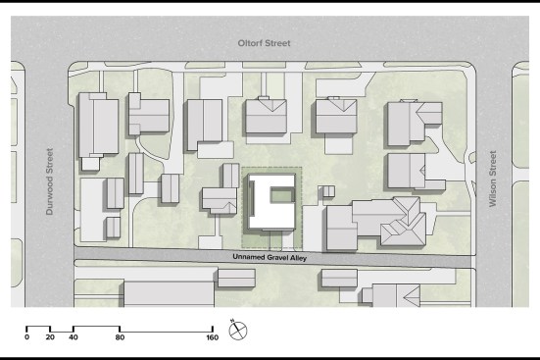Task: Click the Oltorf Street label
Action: (x=265, y=43)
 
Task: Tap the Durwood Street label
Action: (x=50, y=181)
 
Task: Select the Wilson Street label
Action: (x=493, y=179)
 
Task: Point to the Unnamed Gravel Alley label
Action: (x=270, y=257)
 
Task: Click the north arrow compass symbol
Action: (x=238, y=331)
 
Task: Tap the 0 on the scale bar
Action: (x=26, y=337)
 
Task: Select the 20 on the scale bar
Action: (x=50, y=337)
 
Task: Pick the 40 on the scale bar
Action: (x=74, y=337)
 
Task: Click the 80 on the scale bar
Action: (x=120, y=337)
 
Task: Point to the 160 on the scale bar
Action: (x=213, y=337)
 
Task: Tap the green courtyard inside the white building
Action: (x=281, y=196)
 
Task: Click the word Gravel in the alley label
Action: (x=277, y=258)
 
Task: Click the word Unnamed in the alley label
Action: (x=249, y=257)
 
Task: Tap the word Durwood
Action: (x=50, y=196)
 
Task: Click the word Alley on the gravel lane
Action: (x=298, y=258)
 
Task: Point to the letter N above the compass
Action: (x=233, y=321)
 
